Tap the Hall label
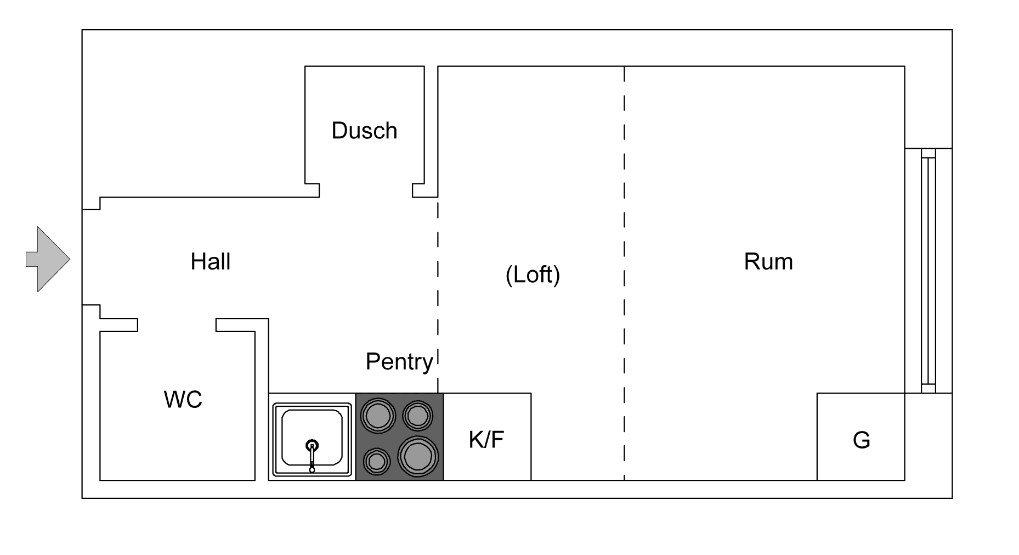pyautogui.click(x=210, y=262)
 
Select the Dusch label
pyautogui.click(x=364, y=131)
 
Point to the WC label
pyautogui.click(x=183, y=400)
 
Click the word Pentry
pyautogui.click(x=399, y=362)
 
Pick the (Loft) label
pyautogui.click(x=533, y=274)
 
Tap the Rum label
pyautogui.click(x=768, y=262)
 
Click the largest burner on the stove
pyautogui.click(x=418, y=456)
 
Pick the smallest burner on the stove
pyautogui.click(x=376, y=462)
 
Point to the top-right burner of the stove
pyautogui.click(x=417, y=415)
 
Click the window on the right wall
pyautogui.click(x=928, y=271)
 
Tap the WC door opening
pyautogui.click(x=177, y=325)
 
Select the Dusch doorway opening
pyautogui.click(x=366, y=190)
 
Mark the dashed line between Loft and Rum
pyautogui.click(x=624, y=274)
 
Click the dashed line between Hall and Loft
pyautogui.click(x=438, y=291)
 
